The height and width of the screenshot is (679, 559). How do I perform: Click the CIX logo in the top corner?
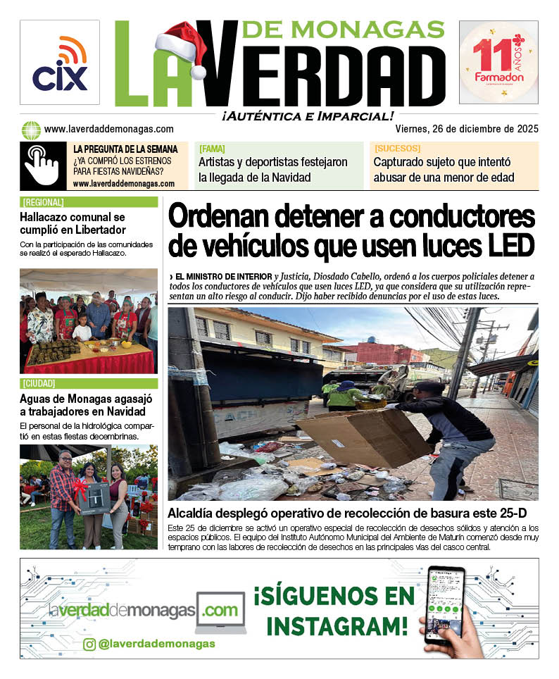coord(60,63)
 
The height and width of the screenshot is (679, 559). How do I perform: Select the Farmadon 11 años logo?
coord(498,63)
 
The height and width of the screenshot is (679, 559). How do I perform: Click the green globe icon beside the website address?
coord(31,130)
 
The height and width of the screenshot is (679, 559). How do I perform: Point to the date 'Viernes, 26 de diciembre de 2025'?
coord(466,129)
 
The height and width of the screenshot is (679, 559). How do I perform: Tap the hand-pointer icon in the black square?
coord(42,165)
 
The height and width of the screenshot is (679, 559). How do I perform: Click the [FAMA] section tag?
coord(212,149)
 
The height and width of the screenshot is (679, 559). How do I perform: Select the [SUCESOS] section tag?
coord(397,149)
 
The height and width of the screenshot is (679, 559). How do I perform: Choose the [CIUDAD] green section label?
coord(39,384)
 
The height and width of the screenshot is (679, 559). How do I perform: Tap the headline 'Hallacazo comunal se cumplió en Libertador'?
coord(73,223)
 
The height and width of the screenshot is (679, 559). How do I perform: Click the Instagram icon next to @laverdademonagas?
coord(89,644)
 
